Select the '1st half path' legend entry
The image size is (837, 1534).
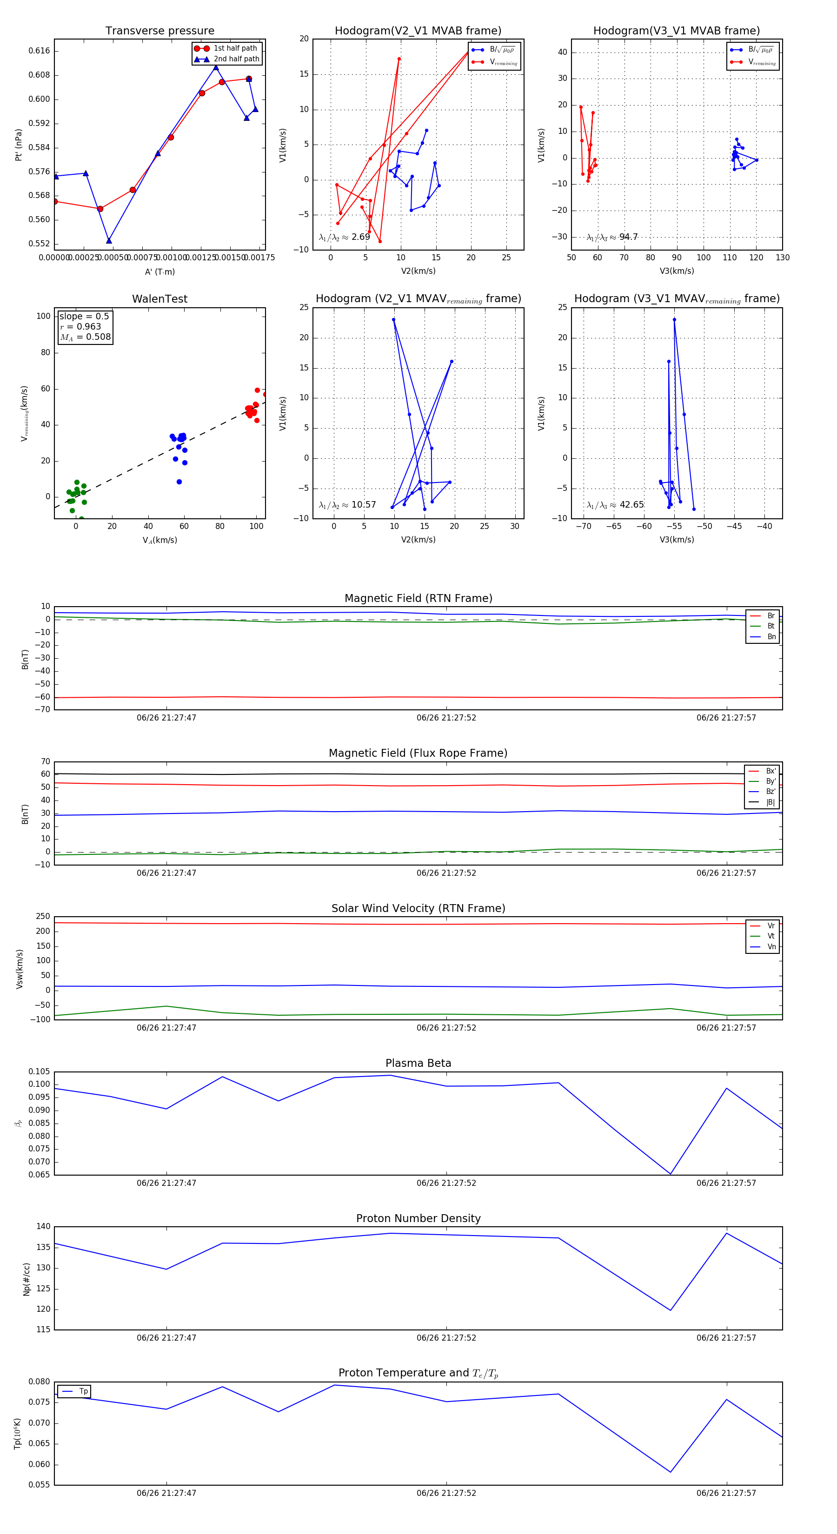tap(235, 48)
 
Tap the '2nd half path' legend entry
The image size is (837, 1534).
tap(236, 59)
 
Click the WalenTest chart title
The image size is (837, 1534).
tap(159, 299)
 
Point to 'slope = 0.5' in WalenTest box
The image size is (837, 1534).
tap(84, 316)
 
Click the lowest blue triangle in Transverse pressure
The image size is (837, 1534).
tap(109, 241)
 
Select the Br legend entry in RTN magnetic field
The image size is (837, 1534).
tap(771, 616)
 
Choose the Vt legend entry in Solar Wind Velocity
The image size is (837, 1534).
tap(771, 936)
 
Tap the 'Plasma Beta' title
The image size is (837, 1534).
tap(418, 1063)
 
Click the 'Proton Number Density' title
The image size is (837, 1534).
tap(418, 1218)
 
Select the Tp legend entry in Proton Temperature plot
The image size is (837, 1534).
tap(83, 1391)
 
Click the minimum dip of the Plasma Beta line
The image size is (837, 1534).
tap(671, 1174)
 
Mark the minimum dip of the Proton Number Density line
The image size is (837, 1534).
tap(671, 1310)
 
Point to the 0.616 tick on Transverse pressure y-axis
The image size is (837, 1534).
tap(40, 51)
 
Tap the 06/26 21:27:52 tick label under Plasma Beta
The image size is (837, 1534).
tap(446, 1183)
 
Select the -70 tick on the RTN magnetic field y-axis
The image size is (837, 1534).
tap(42, 709)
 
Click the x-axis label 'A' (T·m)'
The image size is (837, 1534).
tap(159, 271)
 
